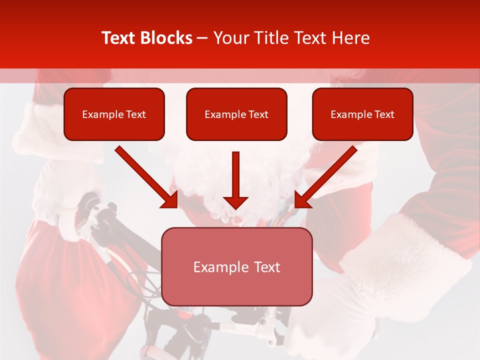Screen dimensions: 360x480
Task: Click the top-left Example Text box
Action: [x=114, y=114]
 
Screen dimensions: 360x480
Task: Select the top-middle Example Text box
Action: [x=236, y=114]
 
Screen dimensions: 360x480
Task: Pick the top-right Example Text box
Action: [x=362, y=114]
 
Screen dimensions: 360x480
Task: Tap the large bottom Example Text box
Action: [x=236, y=266]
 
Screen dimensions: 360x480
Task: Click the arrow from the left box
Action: [x=145, y=175]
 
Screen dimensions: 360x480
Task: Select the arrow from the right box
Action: [x=327, y=175]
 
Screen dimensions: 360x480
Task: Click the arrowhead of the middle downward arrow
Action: [x=235, y=202]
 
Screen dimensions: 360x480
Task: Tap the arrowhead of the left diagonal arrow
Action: [x=170, y=199]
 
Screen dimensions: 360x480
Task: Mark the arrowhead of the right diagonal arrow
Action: [x=302, y=199]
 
